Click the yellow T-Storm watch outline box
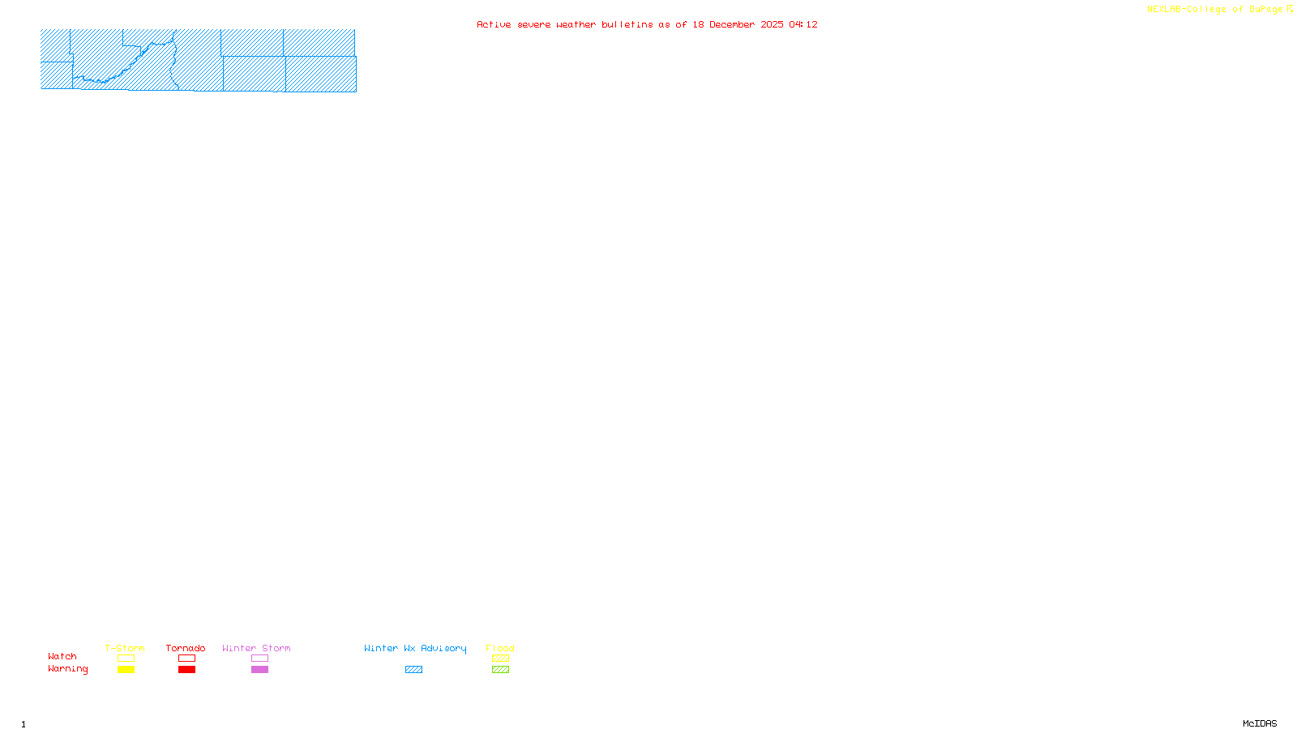point(126,659)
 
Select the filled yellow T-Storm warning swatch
point(126,670)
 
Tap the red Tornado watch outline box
point(186,659)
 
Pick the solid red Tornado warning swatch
point(186,670)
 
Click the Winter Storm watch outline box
point(259,659)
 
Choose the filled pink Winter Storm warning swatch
point(259,670)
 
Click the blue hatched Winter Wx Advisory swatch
point(413,670)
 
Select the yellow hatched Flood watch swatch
point(500,659)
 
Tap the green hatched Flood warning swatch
point(500,670)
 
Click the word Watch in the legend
point(62,657)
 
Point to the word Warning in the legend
point(67,669)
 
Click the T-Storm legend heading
point(125,648)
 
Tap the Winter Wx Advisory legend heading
point(415,648)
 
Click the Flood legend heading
point(500,648)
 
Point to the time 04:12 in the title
point(803,24)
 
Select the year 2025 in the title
point(772,24)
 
